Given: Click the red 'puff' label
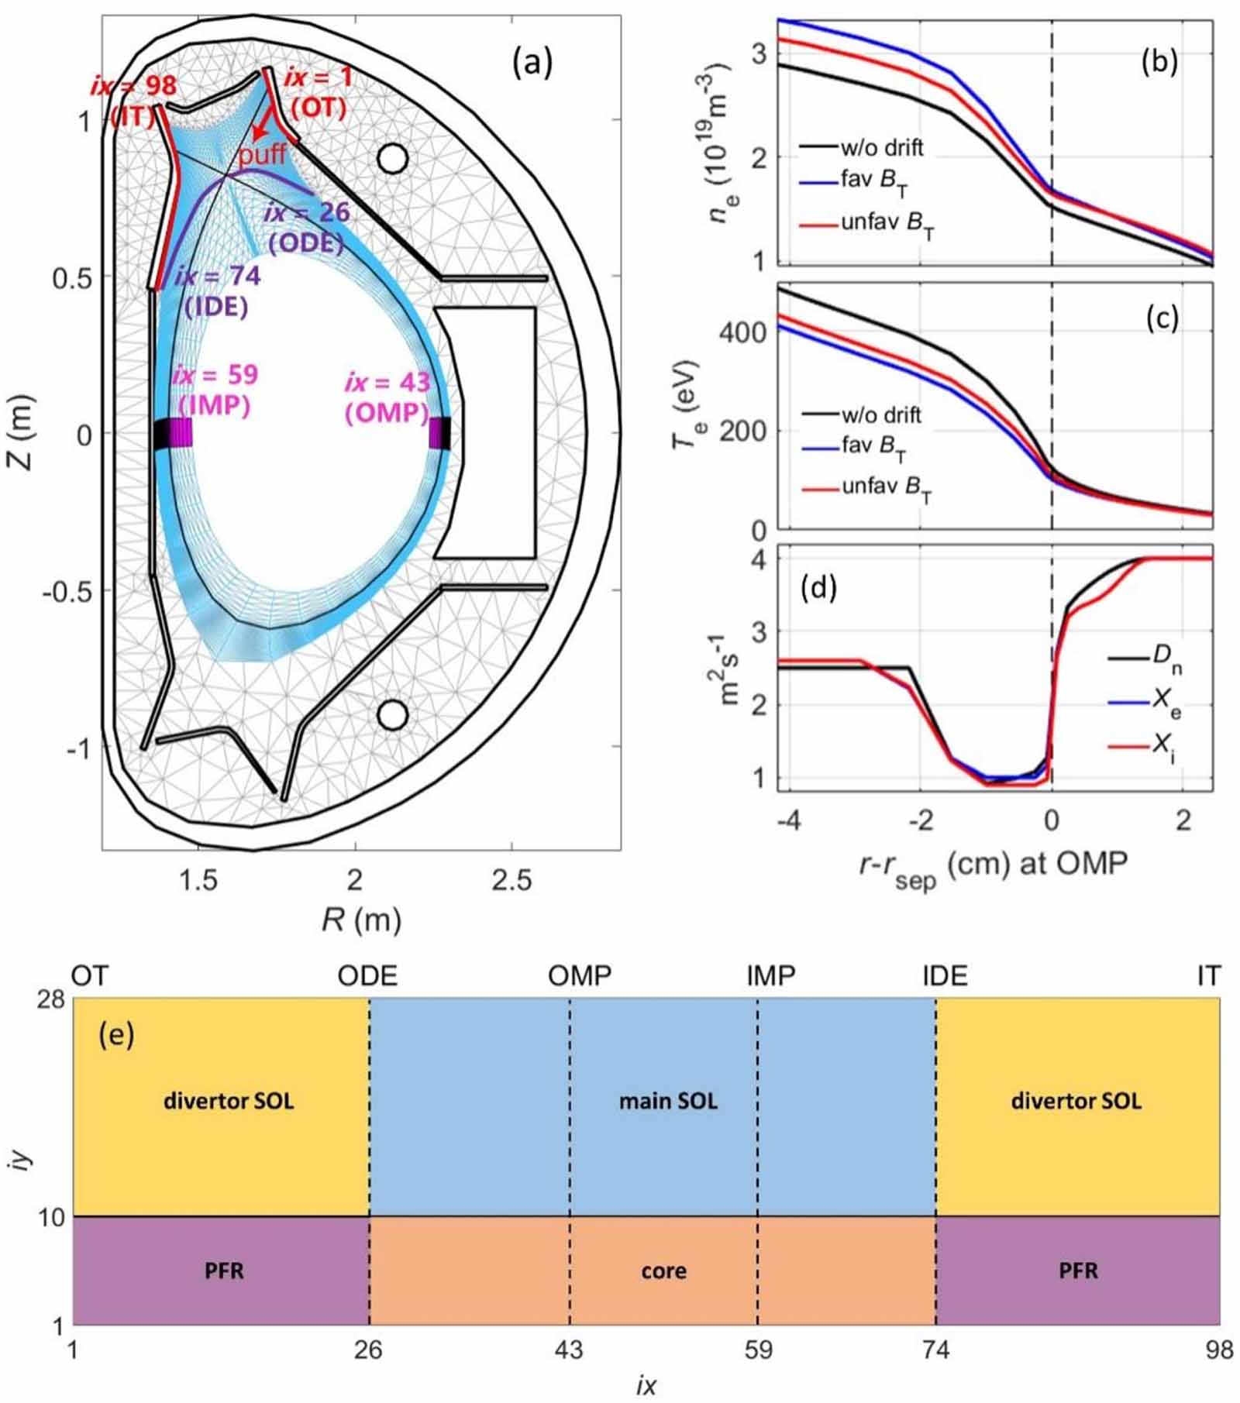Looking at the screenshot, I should point(262,155).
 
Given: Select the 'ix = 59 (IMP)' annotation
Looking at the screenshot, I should point(215,390).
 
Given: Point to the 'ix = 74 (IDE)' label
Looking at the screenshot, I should point(217,291).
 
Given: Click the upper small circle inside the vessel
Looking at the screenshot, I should point(392,158).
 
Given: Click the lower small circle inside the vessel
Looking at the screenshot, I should point(392,715).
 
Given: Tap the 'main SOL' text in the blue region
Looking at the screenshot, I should point(668,1100).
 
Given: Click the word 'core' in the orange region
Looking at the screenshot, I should point(663,1271).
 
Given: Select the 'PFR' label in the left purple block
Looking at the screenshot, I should point(224,1271).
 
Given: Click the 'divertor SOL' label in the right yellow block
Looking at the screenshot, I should point(1076,1100).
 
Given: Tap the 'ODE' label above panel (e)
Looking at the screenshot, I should point(367,976).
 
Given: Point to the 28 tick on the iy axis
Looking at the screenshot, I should point(51,999).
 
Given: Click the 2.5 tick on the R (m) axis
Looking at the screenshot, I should point(512,880).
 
